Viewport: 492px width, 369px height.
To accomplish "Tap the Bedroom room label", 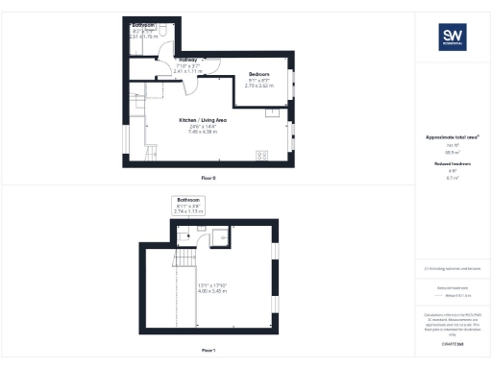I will [x=259, y=74].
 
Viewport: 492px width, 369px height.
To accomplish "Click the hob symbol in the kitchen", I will [x=261, y=156].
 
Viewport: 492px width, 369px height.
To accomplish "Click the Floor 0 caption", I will [x=209, y=179].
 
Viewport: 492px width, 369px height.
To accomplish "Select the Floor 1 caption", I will [x=209, y=350].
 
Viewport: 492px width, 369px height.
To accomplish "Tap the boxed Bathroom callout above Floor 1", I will [x=187, y=206].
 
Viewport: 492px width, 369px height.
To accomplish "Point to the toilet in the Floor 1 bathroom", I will [x=202, y=229].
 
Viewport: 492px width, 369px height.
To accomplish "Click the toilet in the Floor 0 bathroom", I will [x=164, y=31].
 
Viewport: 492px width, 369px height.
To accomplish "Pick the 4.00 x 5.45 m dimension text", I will [x=209, y=289].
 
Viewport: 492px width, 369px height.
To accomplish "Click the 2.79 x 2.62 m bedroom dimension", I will [x=259, y=86].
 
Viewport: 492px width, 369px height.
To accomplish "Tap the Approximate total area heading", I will [x=452, y=137].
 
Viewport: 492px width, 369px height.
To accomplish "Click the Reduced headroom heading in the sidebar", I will [x=452, y=164].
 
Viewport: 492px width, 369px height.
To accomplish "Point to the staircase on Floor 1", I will [x=181, y=259].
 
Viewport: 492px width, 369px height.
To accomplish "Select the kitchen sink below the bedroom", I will [x=270, y=111].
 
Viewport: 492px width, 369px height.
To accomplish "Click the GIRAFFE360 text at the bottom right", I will [x=452, y=343].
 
